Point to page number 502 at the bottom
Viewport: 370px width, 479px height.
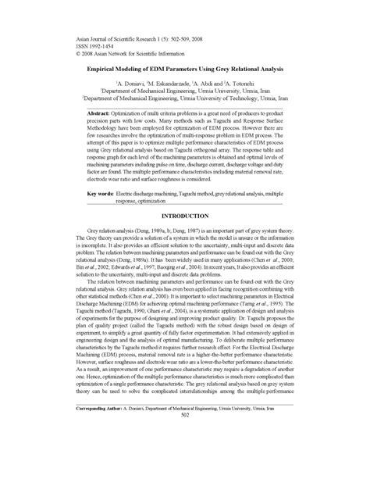[185, 459]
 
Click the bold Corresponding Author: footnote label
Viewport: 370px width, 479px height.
[103, 451]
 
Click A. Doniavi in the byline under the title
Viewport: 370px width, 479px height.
[130, 82]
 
